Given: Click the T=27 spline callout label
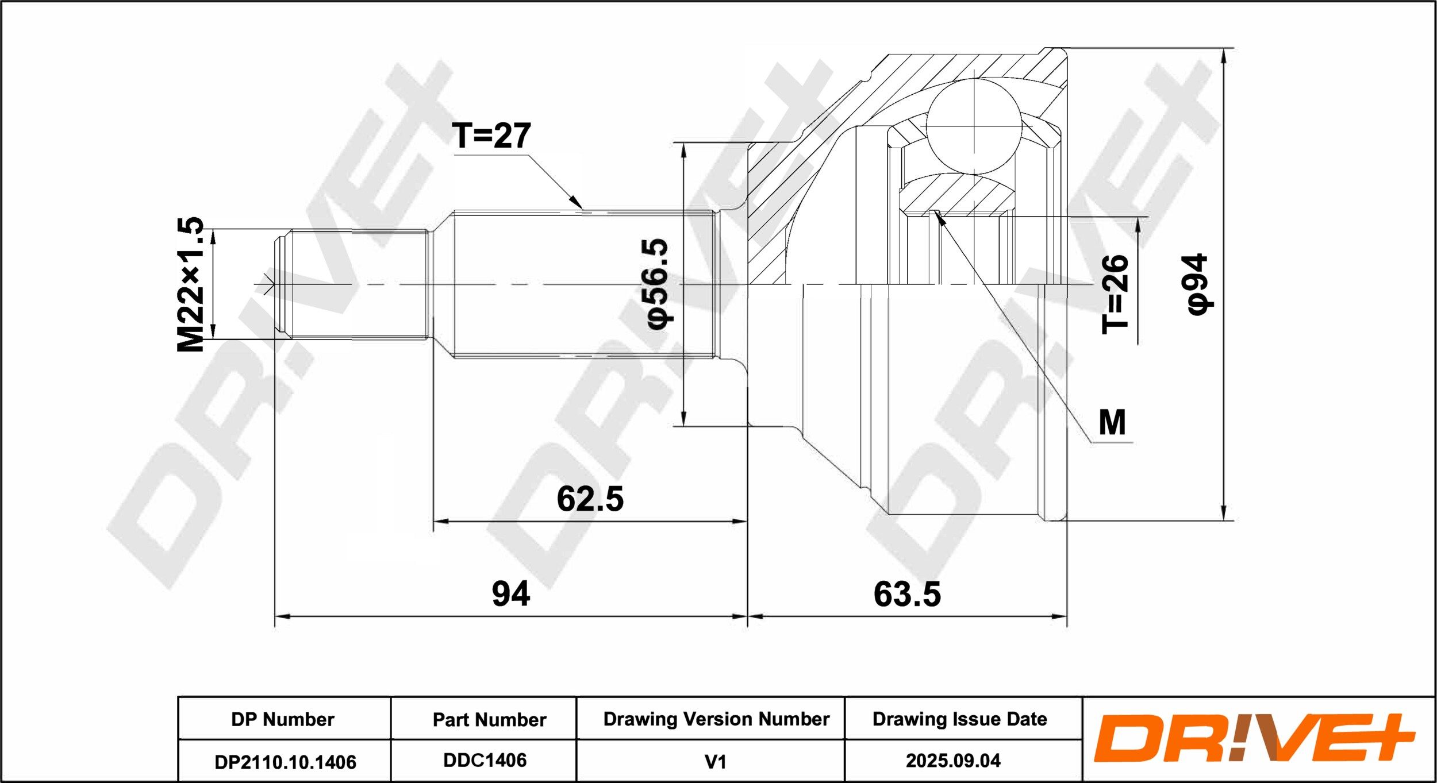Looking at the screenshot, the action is click(491, 136).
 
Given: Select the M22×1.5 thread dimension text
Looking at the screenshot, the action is click(190, 284).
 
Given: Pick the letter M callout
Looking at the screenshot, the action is click(1112, 423).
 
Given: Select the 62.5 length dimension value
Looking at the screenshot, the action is click(590, 499).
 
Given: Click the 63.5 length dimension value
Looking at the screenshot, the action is click(907, 594).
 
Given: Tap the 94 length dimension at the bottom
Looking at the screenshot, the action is click(510, 594).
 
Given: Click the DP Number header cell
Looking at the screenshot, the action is click(283, 719).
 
